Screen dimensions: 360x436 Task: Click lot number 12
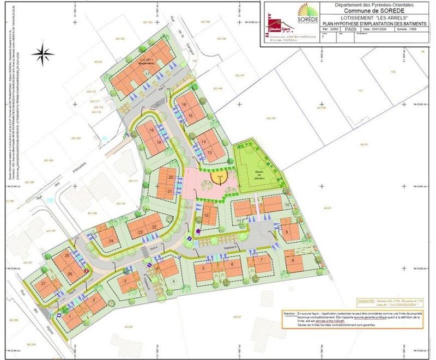207,215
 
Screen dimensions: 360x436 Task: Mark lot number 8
293,260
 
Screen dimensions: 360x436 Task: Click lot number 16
185,105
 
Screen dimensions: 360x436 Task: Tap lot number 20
171,178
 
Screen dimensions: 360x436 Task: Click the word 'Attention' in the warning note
293,315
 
